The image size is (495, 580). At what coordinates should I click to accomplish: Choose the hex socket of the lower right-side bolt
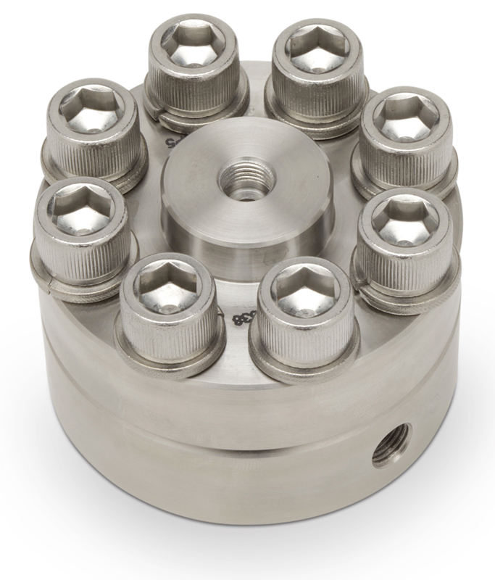[404, 217]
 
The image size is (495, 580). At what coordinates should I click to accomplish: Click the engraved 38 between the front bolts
[236, 318]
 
